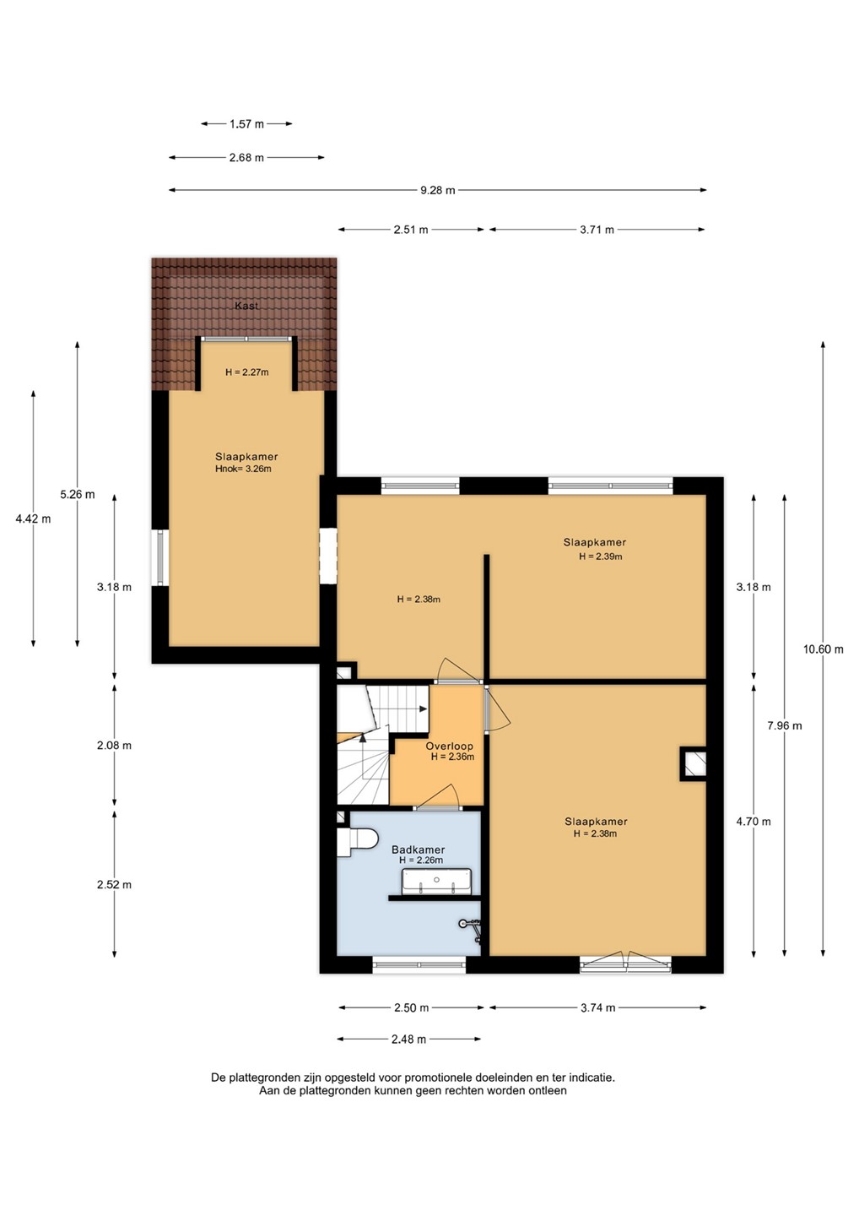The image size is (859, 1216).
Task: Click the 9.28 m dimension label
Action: click(x=438, y=191)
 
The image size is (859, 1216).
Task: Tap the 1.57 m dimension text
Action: click(x=246, y=124)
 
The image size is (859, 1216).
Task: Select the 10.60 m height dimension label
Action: click(x=824, y=649)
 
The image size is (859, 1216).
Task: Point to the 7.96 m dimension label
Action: click(x=784, y=725)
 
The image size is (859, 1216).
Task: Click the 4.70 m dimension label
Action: click(x=754, y=822)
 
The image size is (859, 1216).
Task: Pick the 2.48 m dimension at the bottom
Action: click(x=409, y=1039)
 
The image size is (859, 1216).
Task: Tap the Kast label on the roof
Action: click(x=246, y=306)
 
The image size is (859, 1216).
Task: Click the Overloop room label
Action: click(x=449, y=746)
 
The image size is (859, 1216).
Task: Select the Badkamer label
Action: click(x=419, y=850)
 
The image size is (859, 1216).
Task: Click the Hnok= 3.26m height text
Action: click(x=243, y=469)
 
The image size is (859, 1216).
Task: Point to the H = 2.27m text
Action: click(x=246, y=372)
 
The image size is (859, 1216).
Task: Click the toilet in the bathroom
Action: click(x=357, y=842)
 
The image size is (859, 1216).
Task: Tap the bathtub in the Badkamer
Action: click(x=436, y=880)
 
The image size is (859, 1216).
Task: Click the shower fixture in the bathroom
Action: click(x=471, y=929)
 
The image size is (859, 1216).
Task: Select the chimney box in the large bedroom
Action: click(x=694, y=764)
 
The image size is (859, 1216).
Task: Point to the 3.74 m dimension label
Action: click(x=597, y=1008)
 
